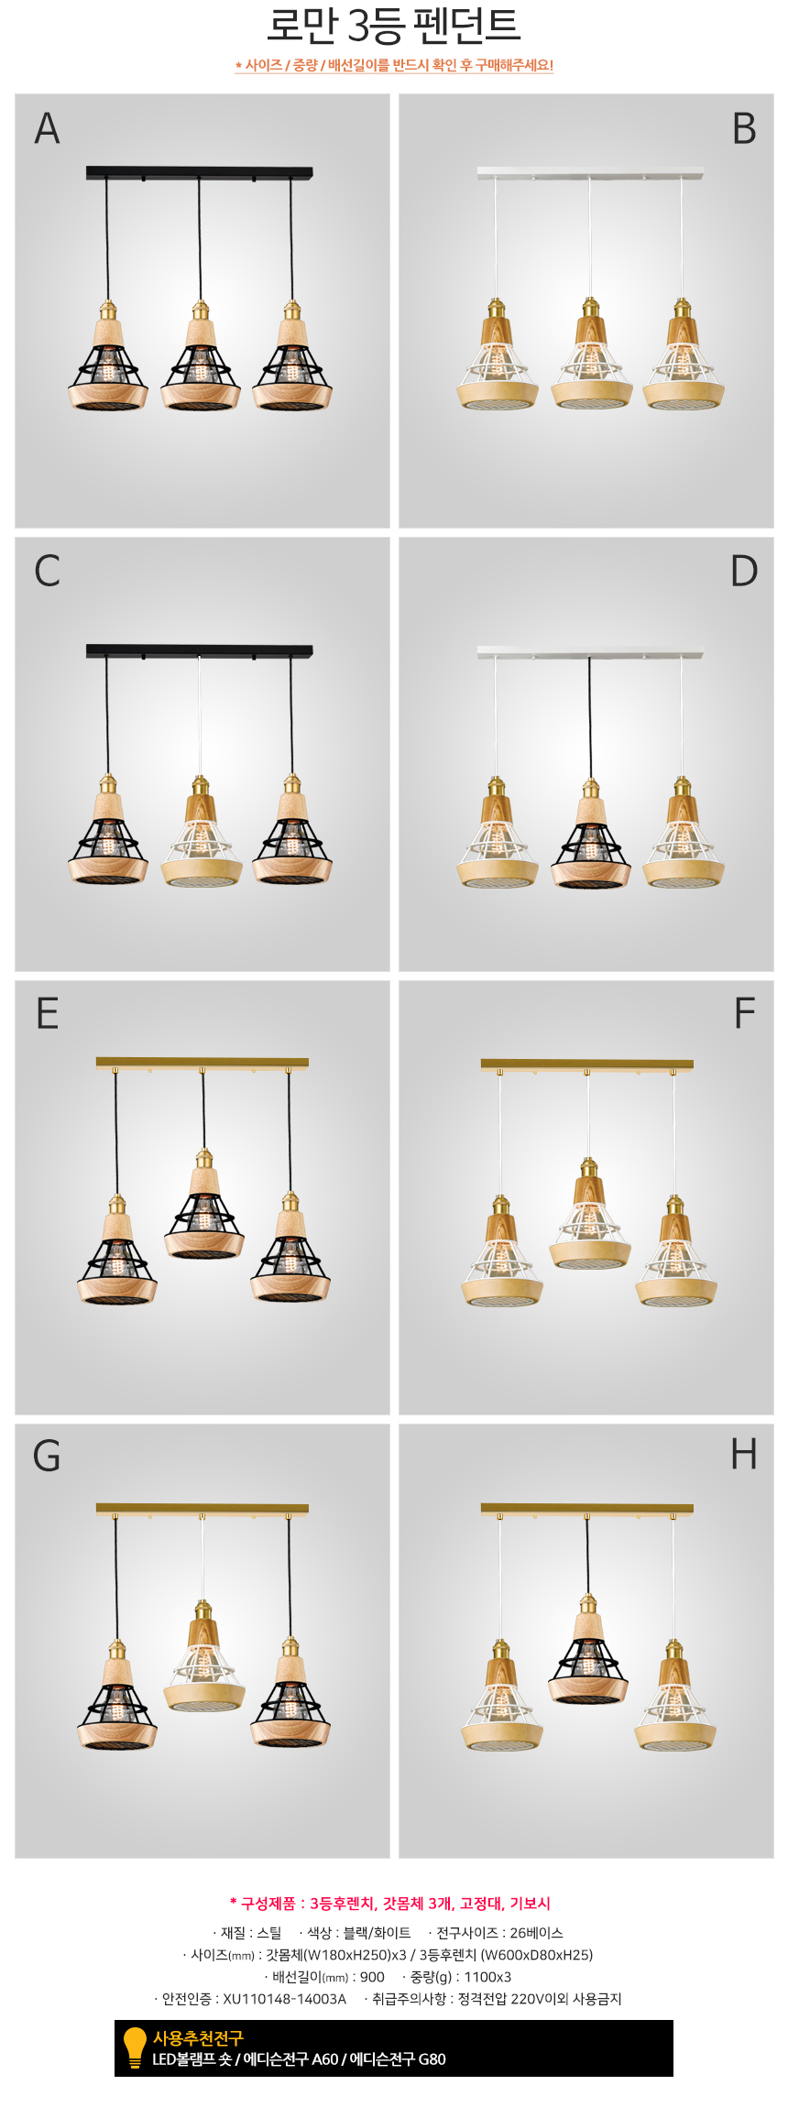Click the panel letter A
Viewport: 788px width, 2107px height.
tap(48, 128)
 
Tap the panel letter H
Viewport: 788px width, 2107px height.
tap(744, 1454)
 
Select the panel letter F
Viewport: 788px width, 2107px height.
tap(745, 1014)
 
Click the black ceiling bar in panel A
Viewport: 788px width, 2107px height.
tap(200, 172)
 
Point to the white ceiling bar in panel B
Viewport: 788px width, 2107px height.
tap(590, 172)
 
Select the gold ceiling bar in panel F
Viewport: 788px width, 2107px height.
tap(586, 1064)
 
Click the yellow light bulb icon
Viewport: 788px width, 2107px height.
tap(135, 2047)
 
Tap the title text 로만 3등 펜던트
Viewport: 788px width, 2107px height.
tap(393, 26)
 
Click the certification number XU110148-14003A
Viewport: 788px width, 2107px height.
tap(284, 1999)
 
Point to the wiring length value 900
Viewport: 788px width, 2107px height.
tap(372, 1977)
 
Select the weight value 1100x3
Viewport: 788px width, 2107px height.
tap(487, 1977)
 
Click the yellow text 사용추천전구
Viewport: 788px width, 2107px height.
tap(198, 2037)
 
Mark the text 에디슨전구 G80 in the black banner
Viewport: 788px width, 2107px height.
tap(398, 2058)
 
